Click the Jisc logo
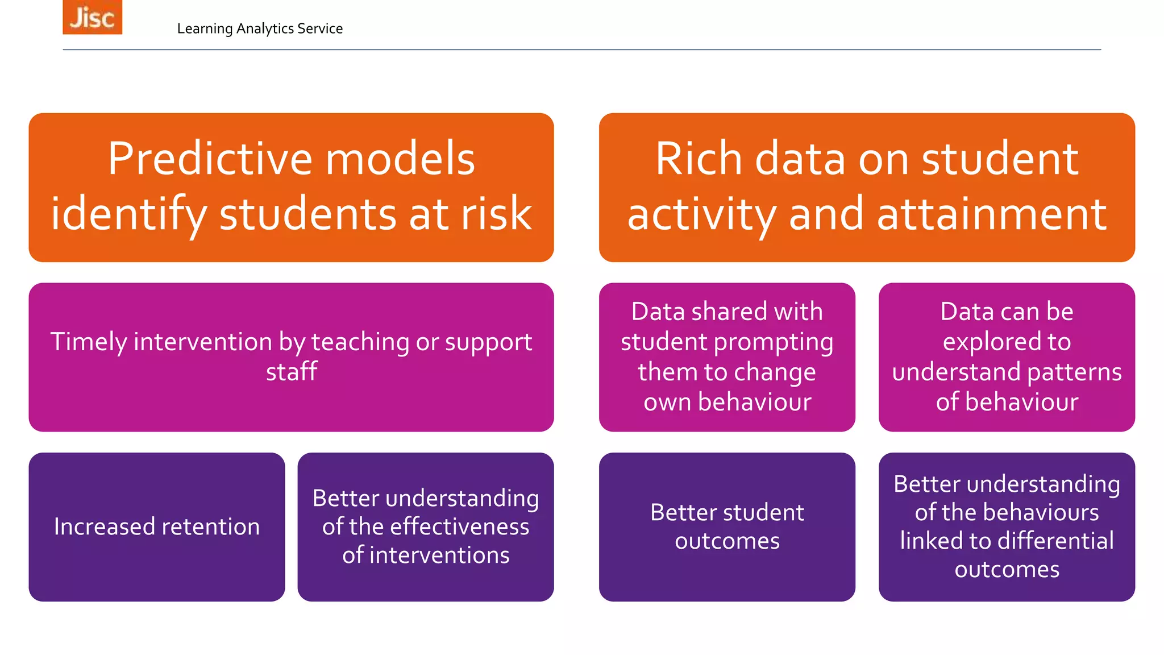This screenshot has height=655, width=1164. coord(92,17)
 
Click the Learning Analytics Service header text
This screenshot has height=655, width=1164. coord(260,28)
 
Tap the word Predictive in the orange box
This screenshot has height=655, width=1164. coord(210,159)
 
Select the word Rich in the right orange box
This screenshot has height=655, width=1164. coord(699,159)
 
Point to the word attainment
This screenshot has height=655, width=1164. coord(992,214)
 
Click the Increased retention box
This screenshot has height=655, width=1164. coord(157,527)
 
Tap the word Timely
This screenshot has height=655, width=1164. coord(89,342)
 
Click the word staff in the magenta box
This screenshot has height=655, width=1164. coord(292,372)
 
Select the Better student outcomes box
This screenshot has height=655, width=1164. coord(727,527)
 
